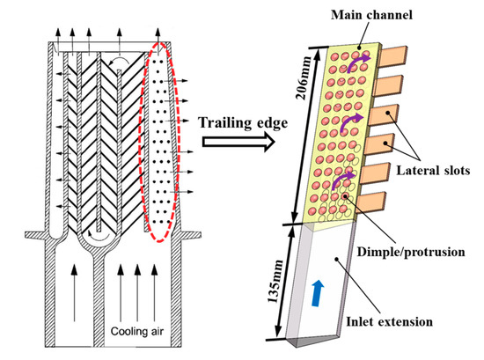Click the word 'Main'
point(341,11)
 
